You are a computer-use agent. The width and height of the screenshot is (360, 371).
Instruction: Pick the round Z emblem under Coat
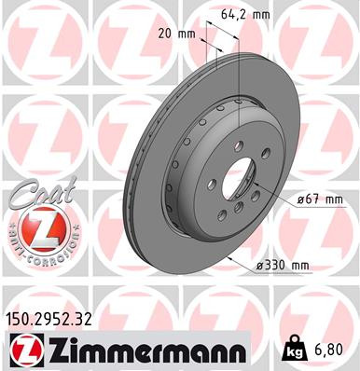38,231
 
